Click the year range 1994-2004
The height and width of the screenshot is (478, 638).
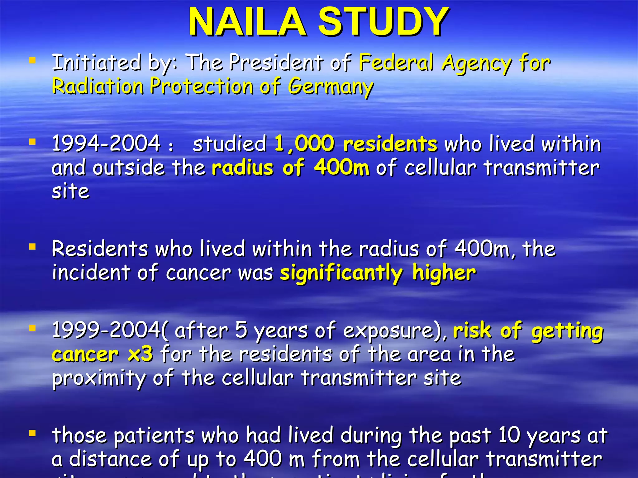[x=106, y=144]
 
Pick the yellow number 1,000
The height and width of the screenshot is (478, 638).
[x=304, y=144]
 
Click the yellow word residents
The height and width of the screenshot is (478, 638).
[x=390, y=144]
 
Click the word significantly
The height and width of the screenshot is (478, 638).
[x=341, y=273]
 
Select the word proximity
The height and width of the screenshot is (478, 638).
[x=98, y=378]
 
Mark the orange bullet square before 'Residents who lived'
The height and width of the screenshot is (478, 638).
[x=32, y=247]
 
